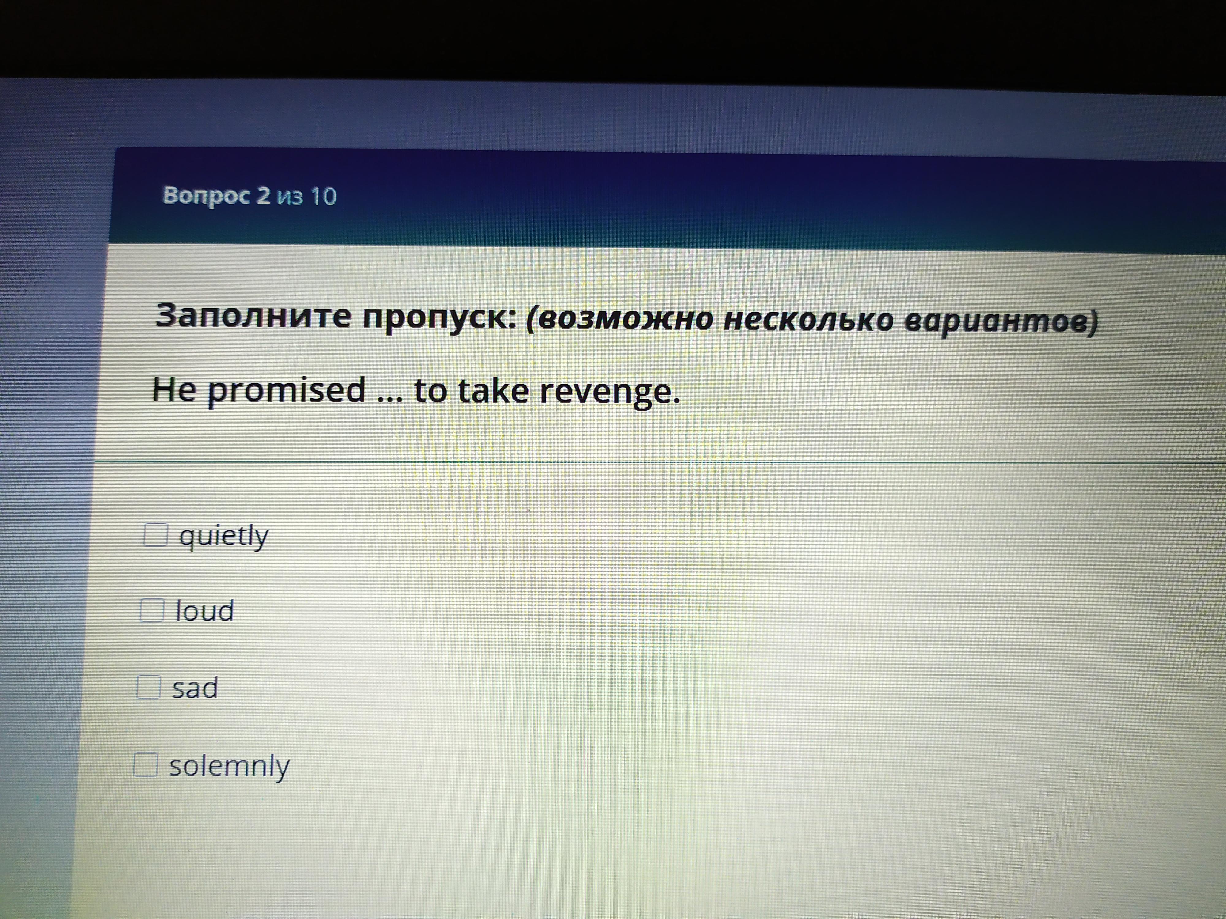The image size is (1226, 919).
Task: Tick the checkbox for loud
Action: coord(152,611)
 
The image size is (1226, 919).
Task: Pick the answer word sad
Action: coord(195,688)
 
